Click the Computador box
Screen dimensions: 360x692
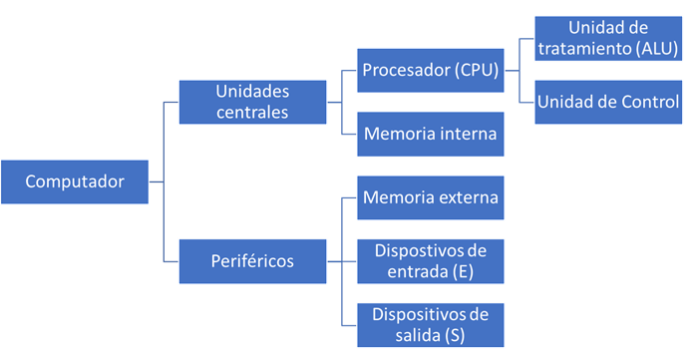[x=75, y=181]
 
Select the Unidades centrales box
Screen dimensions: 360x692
[x=251, y=101]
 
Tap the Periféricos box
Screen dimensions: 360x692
[x=251, y=261]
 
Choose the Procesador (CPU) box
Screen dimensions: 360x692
[x=430, y=71]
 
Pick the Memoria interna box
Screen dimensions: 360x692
[x=430, y=132]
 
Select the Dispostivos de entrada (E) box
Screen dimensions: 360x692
[x=430, y=261]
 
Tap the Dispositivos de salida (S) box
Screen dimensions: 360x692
[x=430, y=325]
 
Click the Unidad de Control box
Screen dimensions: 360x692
[x=608, y=101]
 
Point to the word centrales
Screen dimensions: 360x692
[x=251, y=112]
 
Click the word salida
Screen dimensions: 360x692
[x=418, y=336]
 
